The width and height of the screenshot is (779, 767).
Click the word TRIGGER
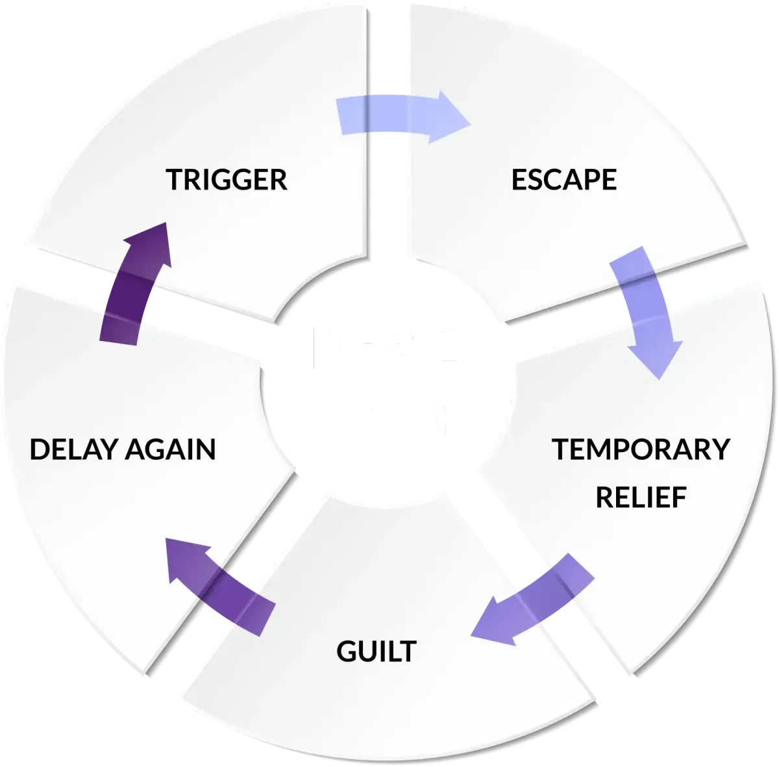[x=227, y=180]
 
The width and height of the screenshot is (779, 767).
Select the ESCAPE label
[x=563, y=180]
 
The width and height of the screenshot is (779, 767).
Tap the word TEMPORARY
[x=641, y=449]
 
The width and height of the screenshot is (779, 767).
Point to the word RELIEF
[x=641, y=497]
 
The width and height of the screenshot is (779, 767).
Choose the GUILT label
[x=376, y=651]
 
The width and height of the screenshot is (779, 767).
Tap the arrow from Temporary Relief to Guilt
[x=532, y=601]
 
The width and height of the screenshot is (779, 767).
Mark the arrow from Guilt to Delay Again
[x=221, y=585]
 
